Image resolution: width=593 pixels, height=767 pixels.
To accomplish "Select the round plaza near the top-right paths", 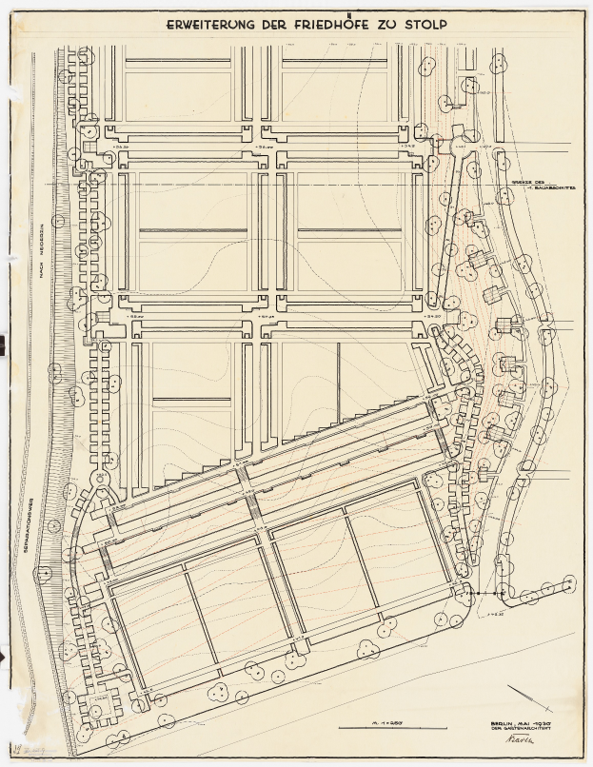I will (442, 142).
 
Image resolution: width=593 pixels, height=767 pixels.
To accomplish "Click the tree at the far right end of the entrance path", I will (568, 582).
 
